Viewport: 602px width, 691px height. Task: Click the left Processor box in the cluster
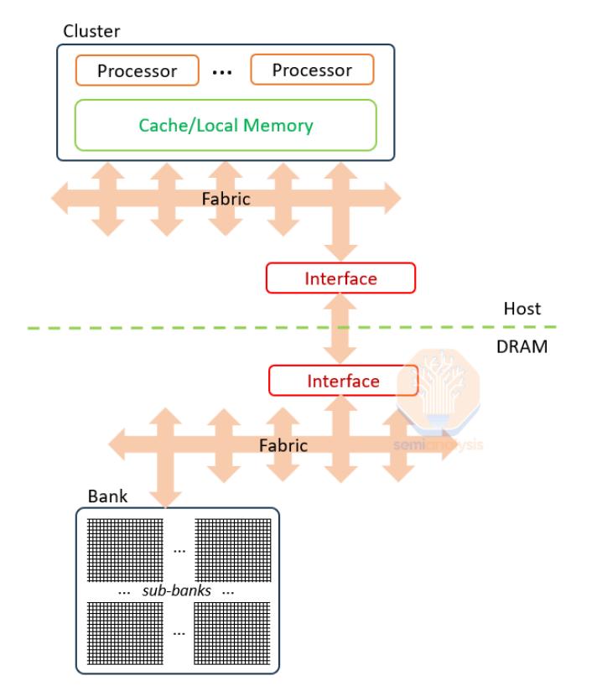pyautogui.click(x=138, y=70)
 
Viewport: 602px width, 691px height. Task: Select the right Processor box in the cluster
pyautogui.click(x=312, y=70)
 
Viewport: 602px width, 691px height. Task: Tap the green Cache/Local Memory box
pyautogui.click(x=226, y=126)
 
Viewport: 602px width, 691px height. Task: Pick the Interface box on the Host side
pyautogui.click(x=340, y=278)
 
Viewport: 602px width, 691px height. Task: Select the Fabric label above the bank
pyautogui.click(x=283, y=444)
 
